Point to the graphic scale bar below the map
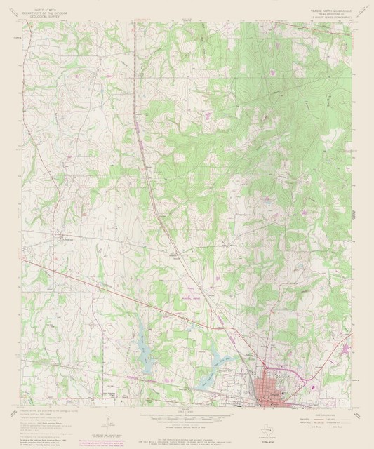coord(185,417)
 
